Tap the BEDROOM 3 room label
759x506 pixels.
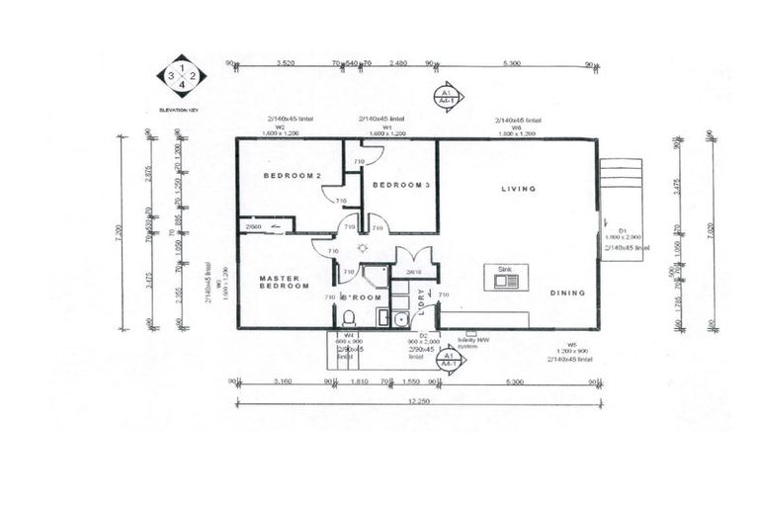[400, 185]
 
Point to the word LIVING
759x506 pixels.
[518, 189]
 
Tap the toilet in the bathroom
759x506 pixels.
[348, 317]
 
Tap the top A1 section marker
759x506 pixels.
[447, 95]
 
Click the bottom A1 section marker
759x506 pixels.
[448, 359]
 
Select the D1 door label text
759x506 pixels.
[610, 229]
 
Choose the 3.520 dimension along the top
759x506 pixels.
[285, 64]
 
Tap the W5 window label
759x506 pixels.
[571, 347]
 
